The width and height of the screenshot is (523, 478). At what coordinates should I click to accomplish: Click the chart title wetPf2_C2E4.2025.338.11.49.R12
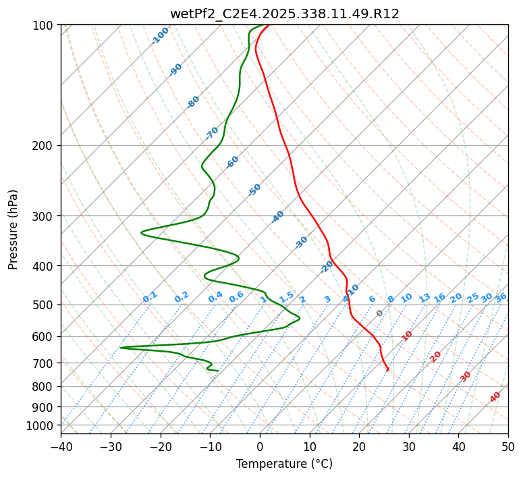point(284,14)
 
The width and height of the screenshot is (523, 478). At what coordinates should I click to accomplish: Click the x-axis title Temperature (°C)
point(284,464)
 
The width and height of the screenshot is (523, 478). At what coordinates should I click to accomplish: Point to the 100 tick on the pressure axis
point(44,25)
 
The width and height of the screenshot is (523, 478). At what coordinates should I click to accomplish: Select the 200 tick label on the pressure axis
point(44,145)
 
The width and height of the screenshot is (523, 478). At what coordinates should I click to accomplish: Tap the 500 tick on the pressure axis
point(44,304)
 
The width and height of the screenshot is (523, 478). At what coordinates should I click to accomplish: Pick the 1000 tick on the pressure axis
point(41,425)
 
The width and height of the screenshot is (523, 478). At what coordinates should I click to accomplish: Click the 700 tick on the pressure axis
point(44,363)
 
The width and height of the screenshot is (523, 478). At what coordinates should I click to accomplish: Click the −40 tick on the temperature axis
point(61,446)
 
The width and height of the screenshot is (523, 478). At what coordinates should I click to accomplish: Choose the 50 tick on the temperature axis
point(508,446)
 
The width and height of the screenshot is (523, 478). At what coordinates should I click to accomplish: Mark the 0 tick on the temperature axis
point(260,446)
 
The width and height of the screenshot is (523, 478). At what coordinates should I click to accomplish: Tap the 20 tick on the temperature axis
point(359,446)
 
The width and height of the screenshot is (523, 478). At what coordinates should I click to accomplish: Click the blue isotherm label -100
point(160,35)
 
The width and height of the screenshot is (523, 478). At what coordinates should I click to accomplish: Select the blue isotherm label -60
point(233,162)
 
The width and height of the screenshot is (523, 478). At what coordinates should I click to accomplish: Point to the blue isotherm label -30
point(301,242)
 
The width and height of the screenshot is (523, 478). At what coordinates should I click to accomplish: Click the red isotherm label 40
point(495,397)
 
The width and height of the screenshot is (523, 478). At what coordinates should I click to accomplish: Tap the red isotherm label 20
point(436,356)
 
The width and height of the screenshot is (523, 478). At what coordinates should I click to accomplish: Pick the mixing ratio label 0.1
point(150,297)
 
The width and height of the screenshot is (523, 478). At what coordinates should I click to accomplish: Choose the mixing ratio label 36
point(501,297)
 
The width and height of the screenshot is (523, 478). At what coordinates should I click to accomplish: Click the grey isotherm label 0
point(380,313)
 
